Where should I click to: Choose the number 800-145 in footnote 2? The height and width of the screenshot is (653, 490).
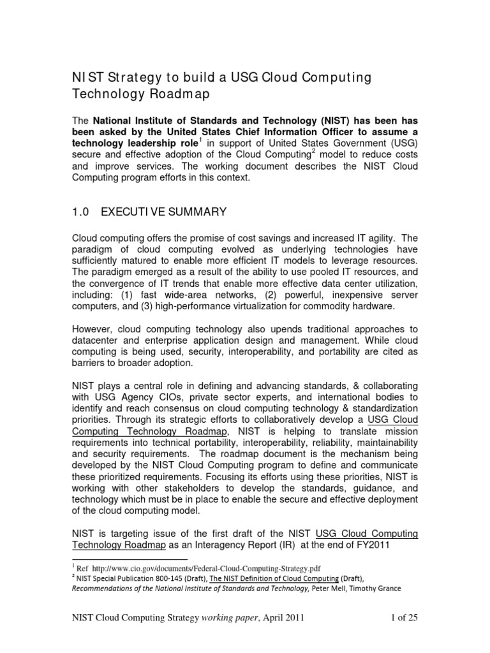pos(162,578)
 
